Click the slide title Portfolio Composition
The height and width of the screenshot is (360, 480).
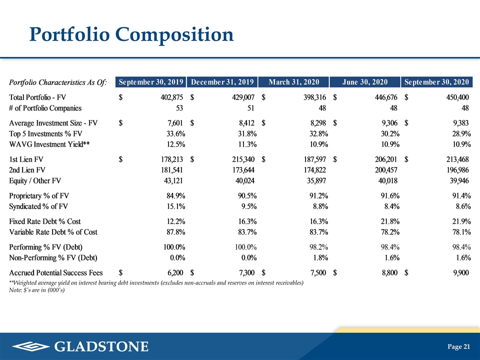click(x=131, y=34)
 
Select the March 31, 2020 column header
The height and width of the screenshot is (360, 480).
click(x=293, y=82)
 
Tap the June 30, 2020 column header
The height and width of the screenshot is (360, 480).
click(x=365, y=82)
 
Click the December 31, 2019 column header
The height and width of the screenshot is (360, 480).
click(x=222, y=82)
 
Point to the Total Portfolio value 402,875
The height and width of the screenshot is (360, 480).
click(x=171, y=97)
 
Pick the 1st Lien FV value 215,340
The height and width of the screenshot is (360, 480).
click(x=243, y=159)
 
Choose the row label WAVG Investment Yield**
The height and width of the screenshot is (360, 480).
click(x=49, y=144)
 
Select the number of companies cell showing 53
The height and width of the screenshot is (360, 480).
click(x=179, y=108)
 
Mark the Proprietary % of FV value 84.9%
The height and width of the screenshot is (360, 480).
click(x=175, y=196)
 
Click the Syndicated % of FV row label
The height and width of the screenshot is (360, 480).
click(x=38, y=206)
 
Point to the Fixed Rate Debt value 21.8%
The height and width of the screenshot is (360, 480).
click(x=390, y=221)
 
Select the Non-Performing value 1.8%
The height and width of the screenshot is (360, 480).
click(x=320, y=258)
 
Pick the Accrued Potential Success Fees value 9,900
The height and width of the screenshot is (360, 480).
click(x=461, y=273)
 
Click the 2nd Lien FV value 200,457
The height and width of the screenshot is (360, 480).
click(x=386, y=170)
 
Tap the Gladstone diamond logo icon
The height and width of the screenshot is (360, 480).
click(x=31, y=346)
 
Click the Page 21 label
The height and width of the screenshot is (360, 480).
click(x=458, y=346)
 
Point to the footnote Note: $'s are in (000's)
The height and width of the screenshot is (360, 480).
click(x=37, y=290)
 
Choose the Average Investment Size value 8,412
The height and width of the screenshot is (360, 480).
click(x=246, y=123)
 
